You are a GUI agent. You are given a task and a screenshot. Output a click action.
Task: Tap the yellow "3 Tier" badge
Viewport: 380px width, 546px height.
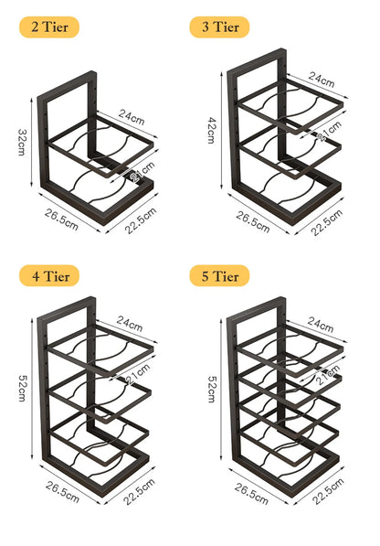(219, 27)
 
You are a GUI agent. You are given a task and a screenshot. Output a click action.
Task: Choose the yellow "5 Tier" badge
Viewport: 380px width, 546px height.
(219, 274)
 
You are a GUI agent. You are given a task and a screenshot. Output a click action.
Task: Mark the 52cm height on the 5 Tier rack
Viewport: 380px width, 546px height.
(212, 390)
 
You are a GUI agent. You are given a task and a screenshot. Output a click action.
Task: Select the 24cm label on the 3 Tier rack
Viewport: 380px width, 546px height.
(322, 79)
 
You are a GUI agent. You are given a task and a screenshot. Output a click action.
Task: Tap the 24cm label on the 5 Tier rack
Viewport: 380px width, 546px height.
(322, 323)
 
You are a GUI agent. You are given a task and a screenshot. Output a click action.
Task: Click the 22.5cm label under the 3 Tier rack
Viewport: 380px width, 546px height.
(326, 225)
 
